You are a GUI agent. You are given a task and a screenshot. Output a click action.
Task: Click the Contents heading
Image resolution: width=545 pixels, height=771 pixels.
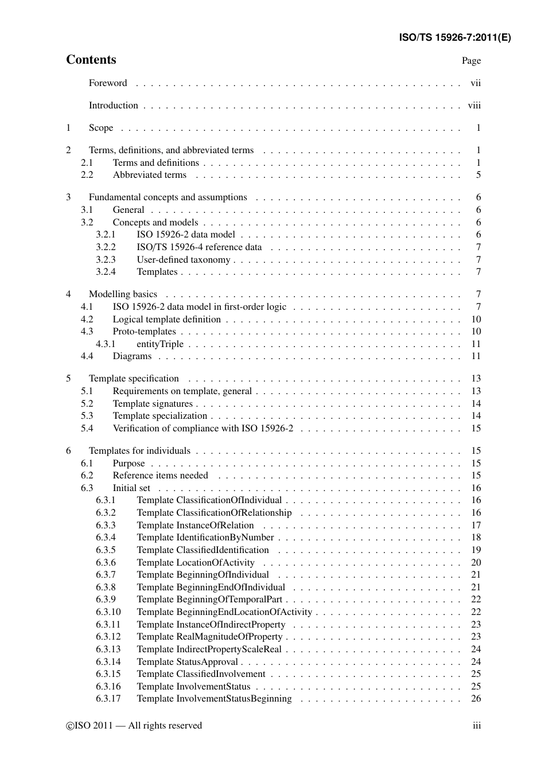click(x=91, y=60)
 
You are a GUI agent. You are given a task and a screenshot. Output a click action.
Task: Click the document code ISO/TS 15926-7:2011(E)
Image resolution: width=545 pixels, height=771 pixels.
click(x=454, y=38)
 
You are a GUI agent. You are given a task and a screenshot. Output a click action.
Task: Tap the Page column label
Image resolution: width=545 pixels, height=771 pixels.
click(x=471, y=61)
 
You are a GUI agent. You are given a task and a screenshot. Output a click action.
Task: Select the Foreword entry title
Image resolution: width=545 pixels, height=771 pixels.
click(x=108, y=83)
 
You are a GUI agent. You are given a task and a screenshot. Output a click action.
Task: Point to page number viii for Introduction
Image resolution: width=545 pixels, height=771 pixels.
click(x=474, y=106)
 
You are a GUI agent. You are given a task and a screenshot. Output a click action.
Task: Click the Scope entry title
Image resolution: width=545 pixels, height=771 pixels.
click(x=101, y=128)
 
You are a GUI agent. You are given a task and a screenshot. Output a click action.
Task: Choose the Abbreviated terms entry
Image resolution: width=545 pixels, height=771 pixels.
click(x=149, y=175)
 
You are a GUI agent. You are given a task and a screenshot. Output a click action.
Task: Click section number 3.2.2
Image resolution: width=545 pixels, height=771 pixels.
click(x=106, y=247)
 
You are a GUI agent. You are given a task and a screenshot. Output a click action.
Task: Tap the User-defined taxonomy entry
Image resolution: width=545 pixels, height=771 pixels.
click(x=183, y=260)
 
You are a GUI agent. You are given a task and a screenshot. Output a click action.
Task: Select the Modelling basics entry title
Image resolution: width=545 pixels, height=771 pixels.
click(x=123, y=294)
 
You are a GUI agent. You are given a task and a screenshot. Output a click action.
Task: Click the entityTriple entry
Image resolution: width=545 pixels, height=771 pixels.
click(x=160, y=344)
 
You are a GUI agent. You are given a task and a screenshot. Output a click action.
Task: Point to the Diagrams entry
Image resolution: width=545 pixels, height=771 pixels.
click(x=132, y=356)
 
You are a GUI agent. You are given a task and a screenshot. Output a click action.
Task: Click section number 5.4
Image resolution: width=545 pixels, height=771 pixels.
click(x=87, y=429)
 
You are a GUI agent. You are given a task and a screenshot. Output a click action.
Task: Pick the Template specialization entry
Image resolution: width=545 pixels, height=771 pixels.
click(x=159, y=416)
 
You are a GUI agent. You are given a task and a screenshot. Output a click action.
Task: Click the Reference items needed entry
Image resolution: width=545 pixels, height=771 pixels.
click(x=160, y=476)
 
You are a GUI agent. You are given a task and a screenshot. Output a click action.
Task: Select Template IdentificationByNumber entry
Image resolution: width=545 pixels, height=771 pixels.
click(x=205, y=538)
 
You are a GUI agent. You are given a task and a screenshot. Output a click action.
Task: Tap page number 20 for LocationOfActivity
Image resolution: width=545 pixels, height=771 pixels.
click(x=476, y=563)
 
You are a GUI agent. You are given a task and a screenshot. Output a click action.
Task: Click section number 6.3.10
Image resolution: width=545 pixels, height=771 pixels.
click(x=108, y=612)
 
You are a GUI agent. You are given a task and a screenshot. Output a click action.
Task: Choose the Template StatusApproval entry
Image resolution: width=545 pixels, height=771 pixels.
click(x=187, y=662)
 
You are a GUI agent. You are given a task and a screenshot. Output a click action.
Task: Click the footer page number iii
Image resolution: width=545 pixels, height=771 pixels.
click(x=477, y=726)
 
